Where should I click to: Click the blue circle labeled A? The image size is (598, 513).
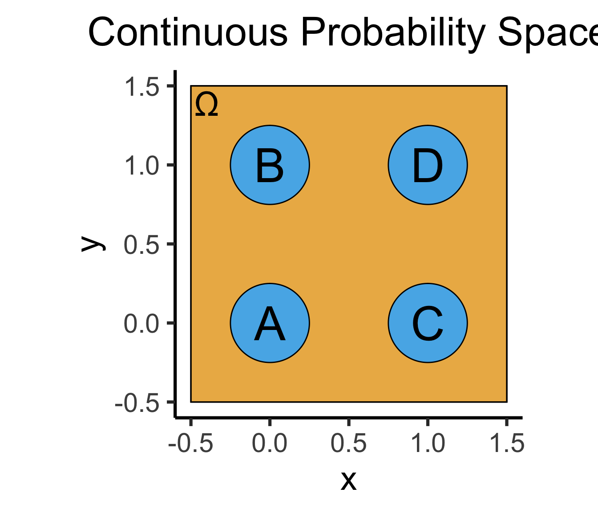click(270, 323)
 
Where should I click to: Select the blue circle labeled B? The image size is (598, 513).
click(270, 165)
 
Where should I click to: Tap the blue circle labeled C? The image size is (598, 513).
click(428, 323)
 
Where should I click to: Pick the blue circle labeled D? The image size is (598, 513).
click(428, 165)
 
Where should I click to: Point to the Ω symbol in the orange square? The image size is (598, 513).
click(206, 105)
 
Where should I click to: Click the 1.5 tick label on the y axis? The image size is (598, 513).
click(141, 86)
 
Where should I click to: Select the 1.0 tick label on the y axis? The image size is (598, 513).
click(141, 166)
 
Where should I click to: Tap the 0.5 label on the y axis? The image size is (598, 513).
click(141, 244)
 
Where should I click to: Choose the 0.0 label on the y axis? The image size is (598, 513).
click(141, 323)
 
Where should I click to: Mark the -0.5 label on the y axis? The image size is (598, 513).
click(137, 403)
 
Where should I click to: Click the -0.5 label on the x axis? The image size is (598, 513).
click(190, 443)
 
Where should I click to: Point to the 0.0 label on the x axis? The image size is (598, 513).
click(270, 443)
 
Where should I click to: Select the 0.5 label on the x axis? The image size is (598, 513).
click(349, 443)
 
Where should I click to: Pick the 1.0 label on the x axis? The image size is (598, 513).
click(428, 443)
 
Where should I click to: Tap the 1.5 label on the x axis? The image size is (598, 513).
click(507, 443)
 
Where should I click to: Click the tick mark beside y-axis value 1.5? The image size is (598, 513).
click(171, 86)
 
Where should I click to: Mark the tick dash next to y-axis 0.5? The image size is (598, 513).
click(171, 244)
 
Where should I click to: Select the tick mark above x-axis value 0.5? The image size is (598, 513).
click(349, 422)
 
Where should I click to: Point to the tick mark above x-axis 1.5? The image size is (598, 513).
click(506, 422)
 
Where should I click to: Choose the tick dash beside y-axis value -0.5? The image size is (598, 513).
click(171, 402)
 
